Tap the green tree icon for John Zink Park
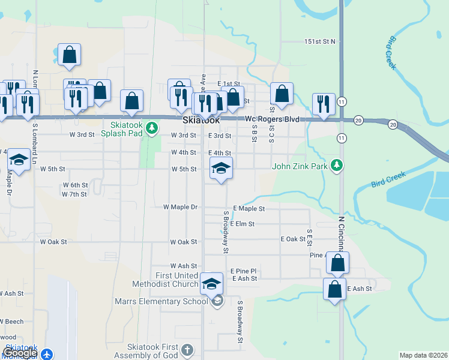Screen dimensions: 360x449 pos(337,165)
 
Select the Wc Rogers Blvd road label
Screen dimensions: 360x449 pos(272,119)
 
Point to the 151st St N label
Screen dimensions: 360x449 pos(319,41)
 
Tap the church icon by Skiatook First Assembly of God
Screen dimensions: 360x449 pos(187,349)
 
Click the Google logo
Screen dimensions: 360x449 pos(20,353)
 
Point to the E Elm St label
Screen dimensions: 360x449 pos(242,223)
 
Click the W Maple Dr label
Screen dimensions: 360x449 pos(180,207)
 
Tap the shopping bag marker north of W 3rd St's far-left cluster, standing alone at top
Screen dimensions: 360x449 pos(70,55)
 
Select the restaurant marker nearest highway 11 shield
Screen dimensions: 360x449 pos(324,104)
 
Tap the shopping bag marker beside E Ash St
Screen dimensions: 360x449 pos(334,290)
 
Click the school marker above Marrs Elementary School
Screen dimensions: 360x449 pos(211,283)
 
